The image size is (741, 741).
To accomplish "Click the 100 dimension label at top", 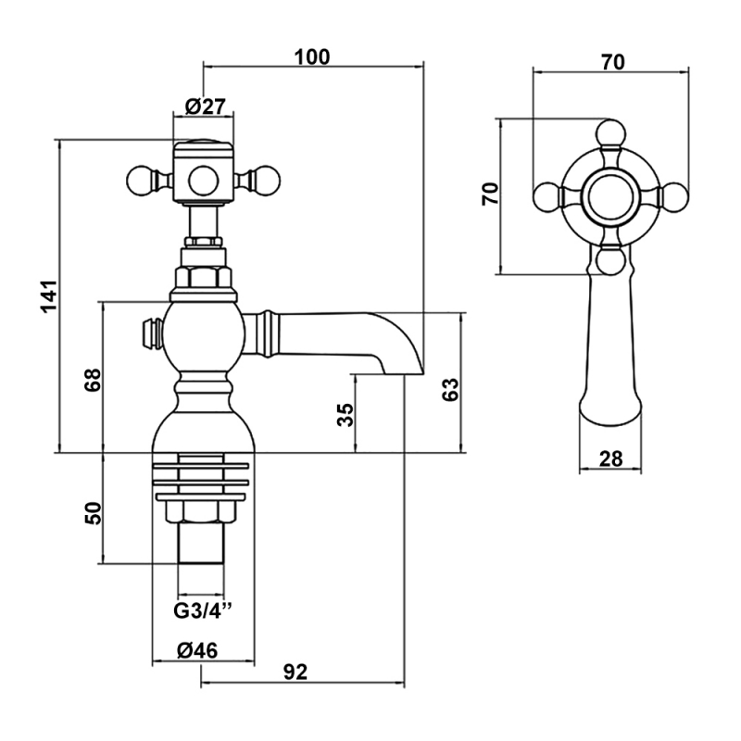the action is (x=312, y=57).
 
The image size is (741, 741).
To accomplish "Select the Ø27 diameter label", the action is (x=206, y=107).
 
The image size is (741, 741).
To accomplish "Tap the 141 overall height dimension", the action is (x=49, y=295).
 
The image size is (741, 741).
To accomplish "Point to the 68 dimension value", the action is (x=94, y=380).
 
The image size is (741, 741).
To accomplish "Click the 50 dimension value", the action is (x=94, y=513).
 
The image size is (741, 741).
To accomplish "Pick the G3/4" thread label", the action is (x=203, y=610).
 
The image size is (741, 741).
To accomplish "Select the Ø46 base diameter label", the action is (x=197, y=651).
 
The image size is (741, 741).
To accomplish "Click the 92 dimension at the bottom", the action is (x=295, y=672).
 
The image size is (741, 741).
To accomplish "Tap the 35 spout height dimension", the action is (x=345, y=414).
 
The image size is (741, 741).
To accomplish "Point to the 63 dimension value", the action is (x=450, y=390).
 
